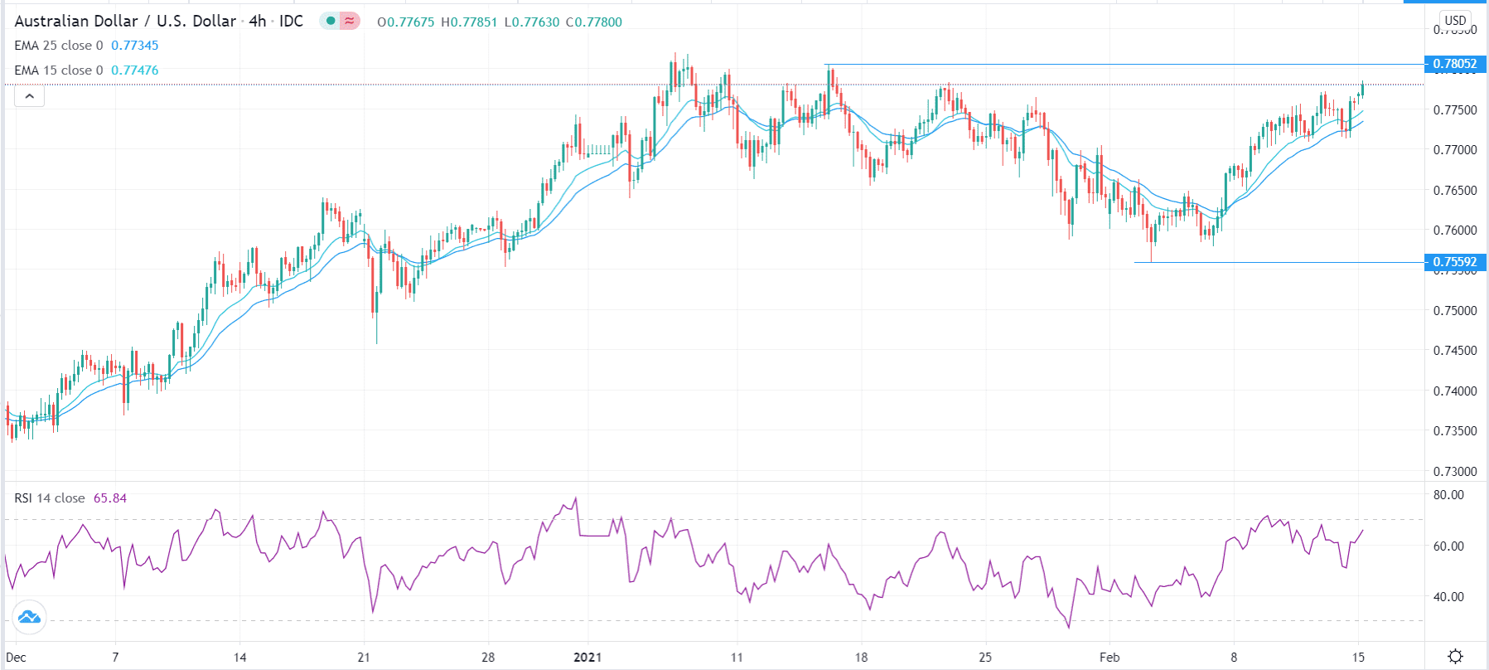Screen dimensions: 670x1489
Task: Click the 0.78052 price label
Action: [1454, 64]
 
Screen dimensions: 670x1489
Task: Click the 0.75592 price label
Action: [1454, 262]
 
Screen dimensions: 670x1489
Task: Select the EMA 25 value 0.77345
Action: [134, 46]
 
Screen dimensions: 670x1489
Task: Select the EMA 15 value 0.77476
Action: [134, 70]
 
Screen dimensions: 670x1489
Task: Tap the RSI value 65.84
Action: [109, 498]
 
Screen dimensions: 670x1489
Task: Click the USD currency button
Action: [1455, 21]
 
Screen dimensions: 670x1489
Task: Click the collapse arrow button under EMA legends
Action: [29, 96]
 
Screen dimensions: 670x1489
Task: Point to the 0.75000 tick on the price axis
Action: [1455, 311]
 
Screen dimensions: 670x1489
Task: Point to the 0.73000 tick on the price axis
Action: [1455, 472]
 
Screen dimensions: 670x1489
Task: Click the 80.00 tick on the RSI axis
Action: [1448, 495]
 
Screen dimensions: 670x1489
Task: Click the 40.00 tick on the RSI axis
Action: [1448, 597]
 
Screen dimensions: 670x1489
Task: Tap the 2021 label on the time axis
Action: [587, 658]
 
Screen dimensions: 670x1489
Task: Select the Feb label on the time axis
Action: [1109, 658]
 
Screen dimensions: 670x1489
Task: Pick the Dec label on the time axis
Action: [16, 658]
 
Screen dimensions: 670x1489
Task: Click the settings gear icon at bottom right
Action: [1455, 657]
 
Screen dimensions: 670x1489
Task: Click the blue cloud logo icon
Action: [29, 617]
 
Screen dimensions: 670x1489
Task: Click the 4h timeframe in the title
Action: [258, 22]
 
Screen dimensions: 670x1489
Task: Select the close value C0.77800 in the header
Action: [593, 22]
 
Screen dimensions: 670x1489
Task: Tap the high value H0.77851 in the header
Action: [469, 22]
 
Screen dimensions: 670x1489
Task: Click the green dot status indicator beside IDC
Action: [331, 21]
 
